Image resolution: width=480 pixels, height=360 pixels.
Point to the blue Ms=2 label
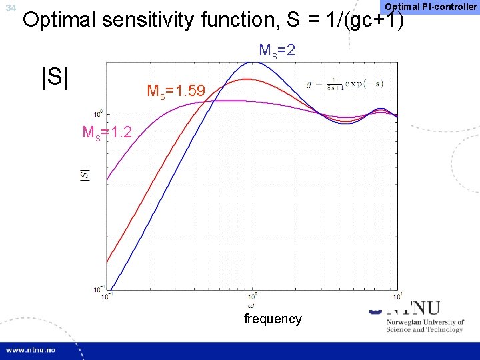277,51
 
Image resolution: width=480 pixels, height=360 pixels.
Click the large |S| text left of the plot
55,76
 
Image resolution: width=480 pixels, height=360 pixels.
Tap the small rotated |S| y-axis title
85,175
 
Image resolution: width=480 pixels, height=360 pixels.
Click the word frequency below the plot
273,319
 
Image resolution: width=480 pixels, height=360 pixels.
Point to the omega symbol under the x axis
251,305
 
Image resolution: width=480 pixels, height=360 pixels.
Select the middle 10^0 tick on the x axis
252,296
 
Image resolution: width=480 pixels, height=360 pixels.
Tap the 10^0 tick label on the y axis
97,112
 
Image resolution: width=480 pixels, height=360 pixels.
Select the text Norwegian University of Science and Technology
425,325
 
